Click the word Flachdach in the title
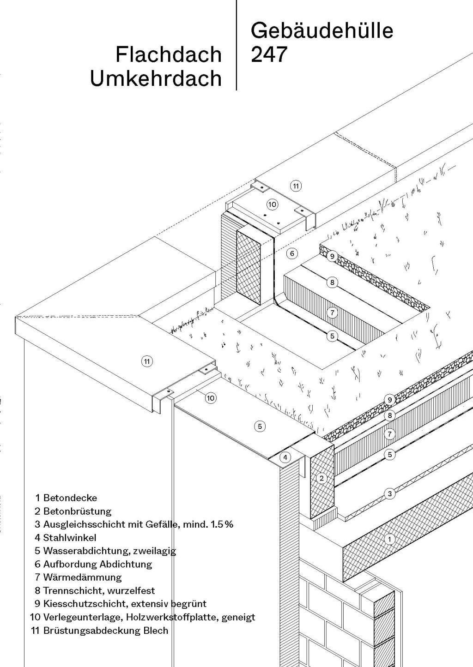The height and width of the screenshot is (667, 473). pyautogui.click(x=168, y=54)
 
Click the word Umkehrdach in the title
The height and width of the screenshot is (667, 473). pyautogui.click(x=156, y=78)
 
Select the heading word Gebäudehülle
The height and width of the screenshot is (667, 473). pyautogui.click(x=322, y=31)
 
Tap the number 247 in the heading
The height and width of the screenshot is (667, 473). pyautogui.click(x=269, y=55)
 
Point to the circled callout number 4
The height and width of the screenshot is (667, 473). pyautogui.click(x=286, y=457)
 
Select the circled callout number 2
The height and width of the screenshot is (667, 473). pyautogui.click(x=322, y=478)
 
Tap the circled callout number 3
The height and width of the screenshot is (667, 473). pyautogui.click(x=390, y=494)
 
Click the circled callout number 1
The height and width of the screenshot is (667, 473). pyautogui.click(x=390, y=539)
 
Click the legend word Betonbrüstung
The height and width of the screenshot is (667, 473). pyautogui.click(x=77, y=511)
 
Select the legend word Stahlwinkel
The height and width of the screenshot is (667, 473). pyautogui.click(x=70, y=538)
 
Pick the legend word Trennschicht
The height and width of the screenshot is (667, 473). pyautogui.click(x=69, y=591)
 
